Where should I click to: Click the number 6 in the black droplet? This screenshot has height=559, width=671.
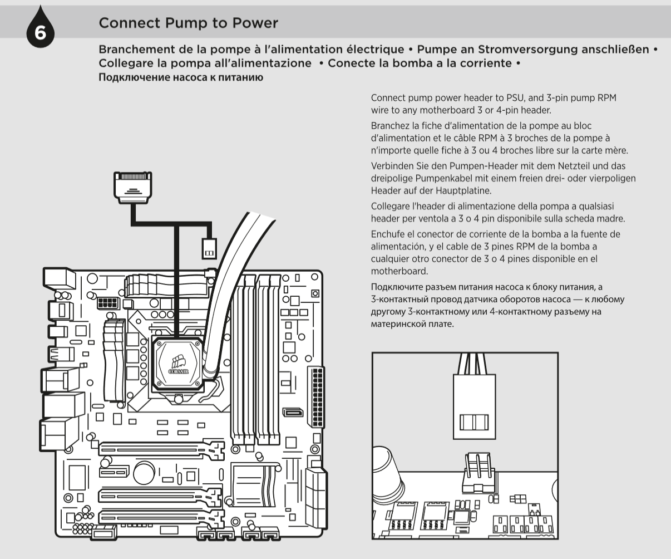(x=40, y=33)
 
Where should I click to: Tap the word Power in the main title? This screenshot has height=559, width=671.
(x=255, y=23)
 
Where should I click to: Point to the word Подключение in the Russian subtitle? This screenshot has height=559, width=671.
(x=135, y=77)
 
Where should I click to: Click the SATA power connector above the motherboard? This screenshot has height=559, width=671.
(x=133, y=188)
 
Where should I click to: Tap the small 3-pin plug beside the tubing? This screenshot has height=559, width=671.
(x=209, y=249)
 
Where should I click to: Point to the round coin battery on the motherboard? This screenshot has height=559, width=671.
(x=144, y=473)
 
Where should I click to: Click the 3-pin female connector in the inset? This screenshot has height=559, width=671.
(x=475, y=406)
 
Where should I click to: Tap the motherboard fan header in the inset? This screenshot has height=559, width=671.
(x=479, y=473)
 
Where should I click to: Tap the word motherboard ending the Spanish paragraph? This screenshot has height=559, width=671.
(x=399, y=271)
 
